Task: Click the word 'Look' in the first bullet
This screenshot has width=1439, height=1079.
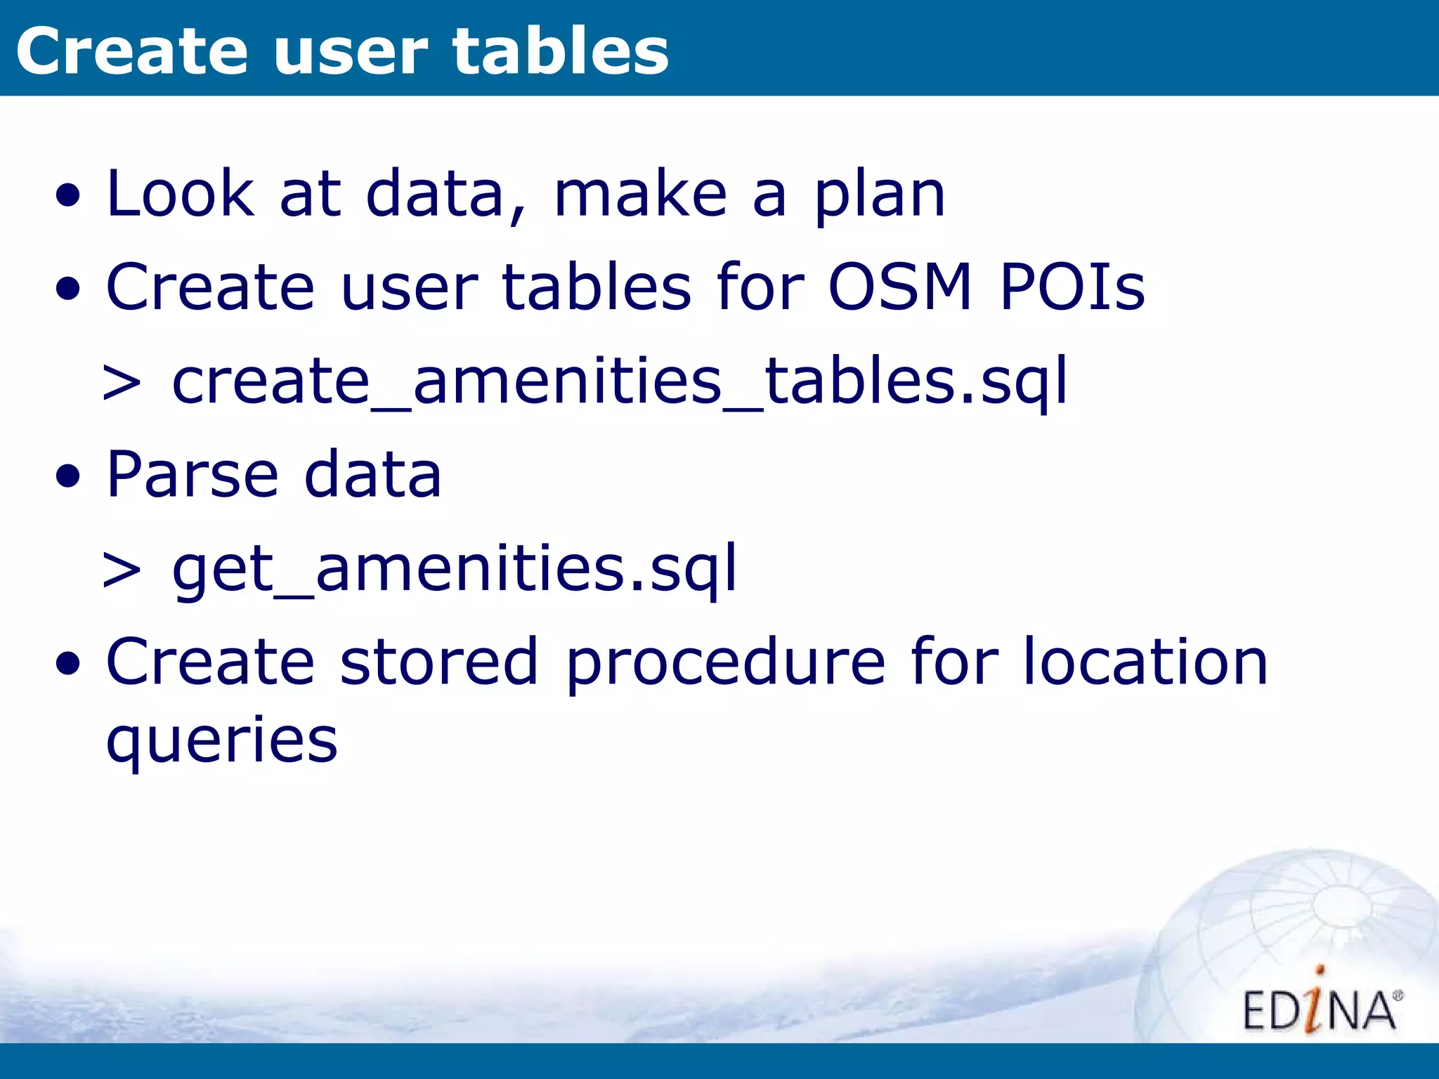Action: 180,194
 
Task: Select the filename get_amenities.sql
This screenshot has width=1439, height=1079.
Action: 455,569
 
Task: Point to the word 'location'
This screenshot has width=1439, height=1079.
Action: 1145,662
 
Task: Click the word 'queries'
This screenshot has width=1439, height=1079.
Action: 222,741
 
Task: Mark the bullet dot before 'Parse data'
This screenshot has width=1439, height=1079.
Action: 68,477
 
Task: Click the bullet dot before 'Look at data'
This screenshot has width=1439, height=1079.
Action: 68,197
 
